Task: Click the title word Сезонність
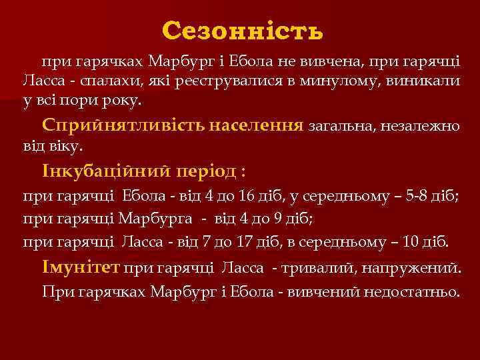(x=242, y=30)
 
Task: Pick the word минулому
(x=345, y=81)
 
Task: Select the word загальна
(x=340, y=125)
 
